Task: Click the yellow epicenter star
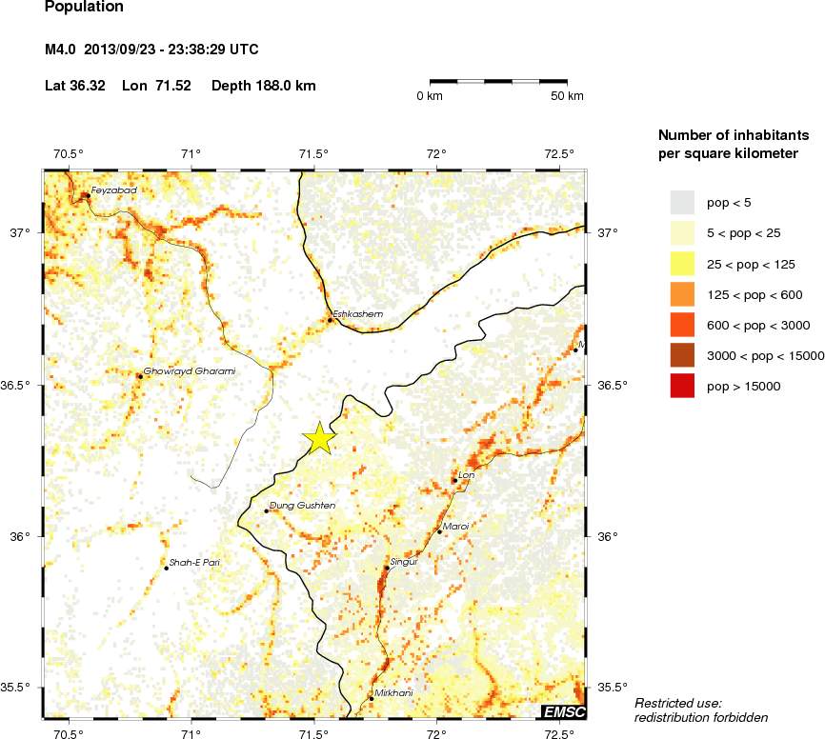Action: [320, 438]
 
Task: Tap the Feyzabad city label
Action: [113, 190]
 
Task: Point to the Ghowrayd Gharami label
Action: [189, 370]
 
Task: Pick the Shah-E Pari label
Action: [195, 562]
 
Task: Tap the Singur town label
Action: [405, 562]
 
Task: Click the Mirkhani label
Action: [393, 692]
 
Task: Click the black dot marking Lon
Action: [454, 480]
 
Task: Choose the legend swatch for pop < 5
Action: [683, 202]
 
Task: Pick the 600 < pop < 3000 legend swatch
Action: [683, 325]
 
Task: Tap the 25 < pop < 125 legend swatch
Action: [683, 264]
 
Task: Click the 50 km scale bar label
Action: [568, 96]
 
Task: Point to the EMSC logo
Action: [563, 711]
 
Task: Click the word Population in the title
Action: [84, 7]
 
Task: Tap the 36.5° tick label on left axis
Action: [20, 386]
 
